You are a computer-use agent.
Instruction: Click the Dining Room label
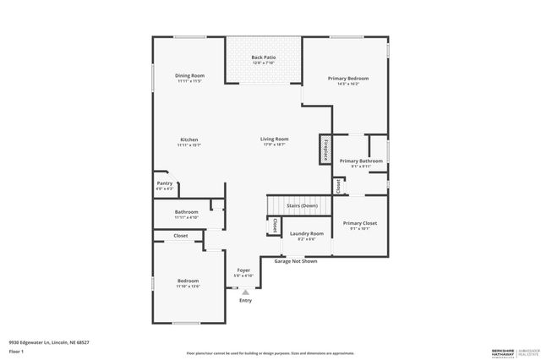tap(189, 76)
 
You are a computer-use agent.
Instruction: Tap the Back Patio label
tap(264, 57)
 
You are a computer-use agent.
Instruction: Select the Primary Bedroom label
tap(348, 78)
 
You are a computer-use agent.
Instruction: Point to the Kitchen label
tap(189, 139)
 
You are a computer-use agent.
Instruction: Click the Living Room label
tap(274, 139)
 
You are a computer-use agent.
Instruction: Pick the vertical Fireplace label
tap(324, 149)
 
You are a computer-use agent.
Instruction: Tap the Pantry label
tap(165, 183)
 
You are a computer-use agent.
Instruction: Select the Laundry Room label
tap(306, 233)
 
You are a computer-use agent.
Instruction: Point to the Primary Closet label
tap(360, 223)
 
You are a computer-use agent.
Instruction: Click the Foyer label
tap(243, 270)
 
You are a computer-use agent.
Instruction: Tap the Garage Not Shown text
tap(296, 261)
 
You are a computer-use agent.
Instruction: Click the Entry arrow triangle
tap(245, 291)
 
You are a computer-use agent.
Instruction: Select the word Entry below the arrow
tap(245, 300)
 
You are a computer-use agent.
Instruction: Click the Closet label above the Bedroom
tap(181, 236)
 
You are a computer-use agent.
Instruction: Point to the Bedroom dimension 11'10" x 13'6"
tap(188, 286)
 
